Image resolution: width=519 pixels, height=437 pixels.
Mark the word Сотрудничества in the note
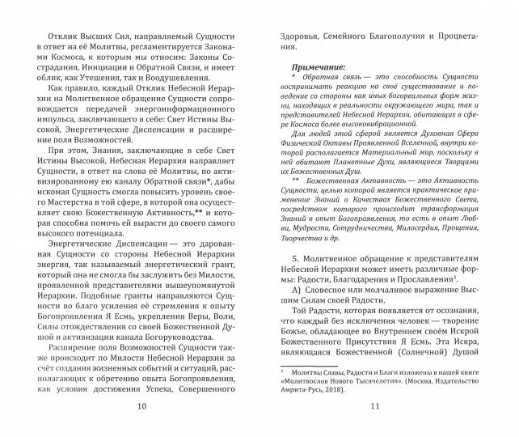(x=346, y=229)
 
